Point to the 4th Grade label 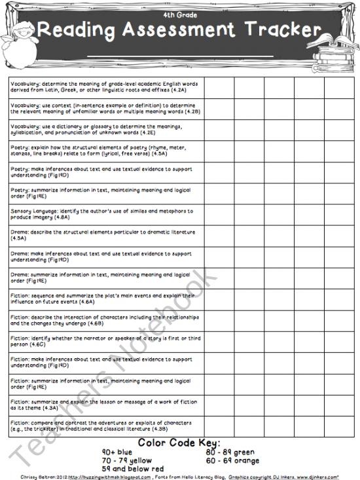[179, 14]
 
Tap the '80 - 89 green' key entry [230, 452]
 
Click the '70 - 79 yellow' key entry [127, 460]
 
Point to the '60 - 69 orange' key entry [232, 460]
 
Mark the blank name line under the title [179, 56]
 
